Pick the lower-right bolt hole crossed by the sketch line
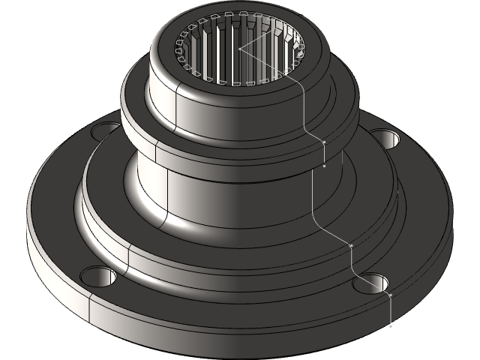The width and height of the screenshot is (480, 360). click(x=375, y=284)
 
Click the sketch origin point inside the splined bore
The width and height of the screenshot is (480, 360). click(x=240, y=49)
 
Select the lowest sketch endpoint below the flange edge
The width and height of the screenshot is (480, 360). click(x=391, y=326)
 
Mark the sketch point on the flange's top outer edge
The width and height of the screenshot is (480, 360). click(x=391, y=295)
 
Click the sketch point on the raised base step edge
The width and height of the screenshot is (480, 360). click(x=351, y=246)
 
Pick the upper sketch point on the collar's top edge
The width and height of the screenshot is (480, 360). click(x=323, y=141)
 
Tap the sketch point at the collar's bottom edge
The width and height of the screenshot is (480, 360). click(x=323, y=166)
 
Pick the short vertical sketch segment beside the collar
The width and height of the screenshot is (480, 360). click(x=323, y=154)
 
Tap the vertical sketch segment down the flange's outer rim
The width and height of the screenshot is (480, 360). click(x=391, y=311)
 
